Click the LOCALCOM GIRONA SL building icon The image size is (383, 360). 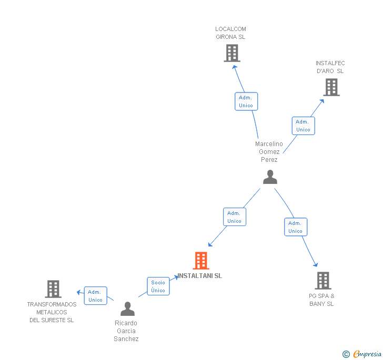click(x=231, y=53)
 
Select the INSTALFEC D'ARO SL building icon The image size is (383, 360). click(x=331, y=87)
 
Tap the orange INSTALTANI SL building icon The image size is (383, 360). click(x=201, y=261)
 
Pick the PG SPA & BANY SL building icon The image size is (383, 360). click(x=322, y=281)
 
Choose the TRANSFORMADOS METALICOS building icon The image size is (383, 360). click(x=53, y=289)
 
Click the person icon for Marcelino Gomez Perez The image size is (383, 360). click(x=270, y=177)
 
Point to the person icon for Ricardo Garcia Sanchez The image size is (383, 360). click(x=127, y=309)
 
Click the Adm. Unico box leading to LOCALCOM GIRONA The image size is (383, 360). click(x=246, y=101)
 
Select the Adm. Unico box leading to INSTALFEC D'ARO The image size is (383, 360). click(x=303, y=126)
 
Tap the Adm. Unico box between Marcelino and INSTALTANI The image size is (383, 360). click(x=234, y=217)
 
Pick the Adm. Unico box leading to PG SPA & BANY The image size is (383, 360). click(x=295, y=227)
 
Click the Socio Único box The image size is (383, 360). click(x=158, y=286)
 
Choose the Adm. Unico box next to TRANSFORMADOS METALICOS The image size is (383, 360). click(x=95, y=296)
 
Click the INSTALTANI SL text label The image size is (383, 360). click(x=200, y=276)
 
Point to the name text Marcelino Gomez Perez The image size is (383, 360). click(x=269, y=152)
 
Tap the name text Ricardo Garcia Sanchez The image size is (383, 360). click(x=126, y=331)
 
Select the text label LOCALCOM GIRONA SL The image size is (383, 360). click(x=230, y=33)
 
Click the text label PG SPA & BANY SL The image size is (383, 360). click(x=321, y=300)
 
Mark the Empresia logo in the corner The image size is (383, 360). click(x=362, y=354)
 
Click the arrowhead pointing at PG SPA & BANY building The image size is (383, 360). click(x=316, y=264)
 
